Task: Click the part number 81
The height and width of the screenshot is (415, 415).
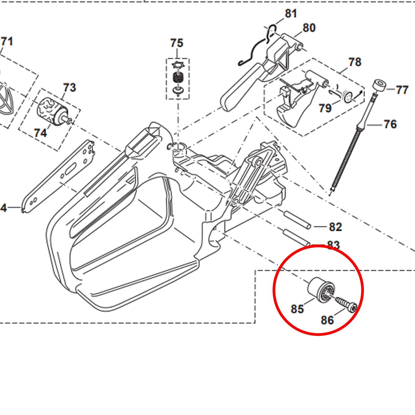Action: [291, 13]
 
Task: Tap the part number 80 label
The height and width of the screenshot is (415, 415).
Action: [309, 28]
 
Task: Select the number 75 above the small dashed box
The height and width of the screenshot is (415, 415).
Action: [177, 43]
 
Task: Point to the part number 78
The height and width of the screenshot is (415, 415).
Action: [355, 62]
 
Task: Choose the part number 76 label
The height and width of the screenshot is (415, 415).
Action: [390, 125]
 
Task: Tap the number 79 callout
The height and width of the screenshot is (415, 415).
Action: [325, 108]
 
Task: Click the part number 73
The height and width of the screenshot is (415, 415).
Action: [70, 88]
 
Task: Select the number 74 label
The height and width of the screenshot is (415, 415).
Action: [40, 133]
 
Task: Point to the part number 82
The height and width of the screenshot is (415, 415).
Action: [335, 227]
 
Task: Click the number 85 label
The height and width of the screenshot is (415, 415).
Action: [297, 309]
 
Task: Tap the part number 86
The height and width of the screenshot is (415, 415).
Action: [327, 320]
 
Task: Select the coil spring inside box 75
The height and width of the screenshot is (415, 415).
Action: [178, 78]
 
